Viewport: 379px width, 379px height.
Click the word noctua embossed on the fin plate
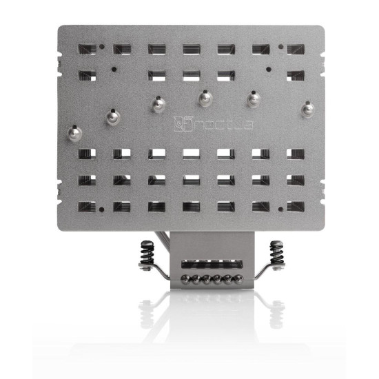click(x=214, y=125)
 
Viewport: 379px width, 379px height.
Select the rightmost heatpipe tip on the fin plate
click(x=307, y=108)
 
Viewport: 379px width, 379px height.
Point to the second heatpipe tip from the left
click(x=112, y=116)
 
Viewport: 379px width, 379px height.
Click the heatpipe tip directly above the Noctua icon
click(x=158, y=103)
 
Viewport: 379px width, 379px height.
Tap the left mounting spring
click(x=147, y=254)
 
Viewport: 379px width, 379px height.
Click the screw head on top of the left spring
click(x=147, y=243)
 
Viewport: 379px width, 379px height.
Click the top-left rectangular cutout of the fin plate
click(x=87, y=50)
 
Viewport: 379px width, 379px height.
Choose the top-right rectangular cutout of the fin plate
click(x=296, y=50)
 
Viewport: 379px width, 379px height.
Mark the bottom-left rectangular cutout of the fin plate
click(x=87, y=206)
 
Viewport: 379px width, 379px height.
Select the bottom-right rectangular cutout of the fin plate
click(x=296, y=206)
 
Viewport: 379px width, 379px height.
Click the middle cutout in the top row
click(x=191, y=50)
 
